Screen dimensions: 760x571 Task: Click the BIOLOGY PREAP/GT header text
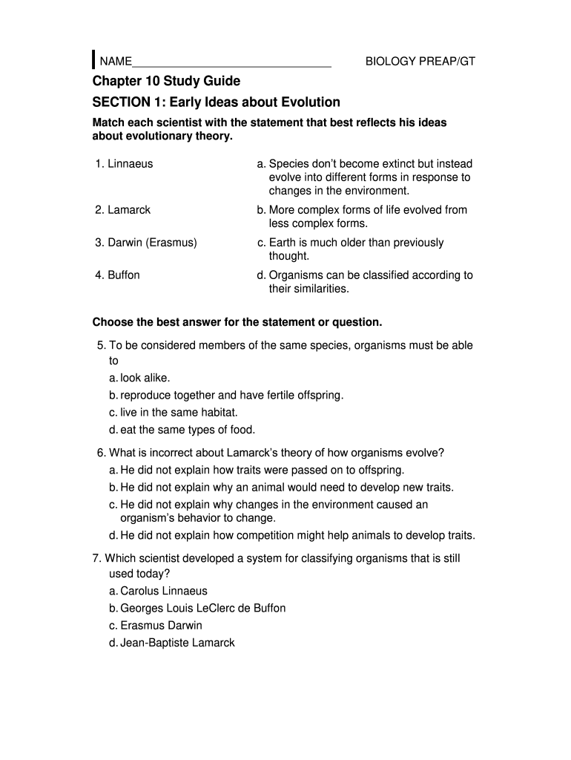click(420, 62)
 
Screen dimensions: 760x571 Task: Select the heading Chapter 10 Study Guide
click(166, 81)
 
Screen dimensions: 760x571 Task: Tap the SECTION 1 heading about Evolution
click(216, 102)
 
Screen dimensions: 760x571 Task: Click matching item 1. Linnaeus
click(124, 164)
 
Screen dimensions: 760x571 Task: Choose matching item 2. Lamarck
click(122, 210)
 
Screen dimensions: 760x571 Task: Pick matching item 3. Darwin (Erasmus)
click(145, 243)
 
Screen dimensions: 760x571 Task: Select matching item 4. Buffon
click(117, 275)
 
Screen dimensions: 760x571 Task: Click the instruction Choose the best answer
click(237, 323)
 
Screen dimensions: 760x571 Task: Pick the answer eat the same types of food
click(182, 430)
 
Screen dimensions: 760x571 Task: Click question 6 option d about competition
click(291, 536)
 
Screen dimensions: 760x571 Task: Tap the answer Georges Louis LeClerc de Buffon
click(197, 609)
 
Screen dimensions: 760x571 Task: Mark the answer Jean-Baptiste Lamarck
click(171, 643)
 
